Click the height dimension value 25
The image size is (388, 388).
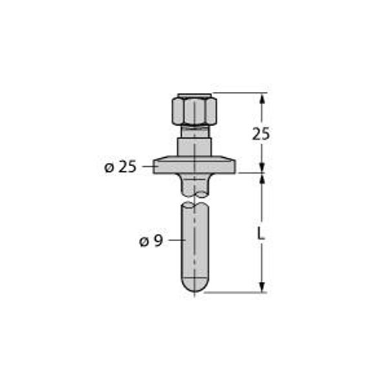coord(261,134)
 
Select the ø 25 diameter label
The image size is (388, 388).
coord(120,167)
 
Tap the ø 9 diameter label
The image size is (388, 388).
coord(150,241)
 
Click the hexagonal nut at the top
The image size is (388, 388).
coord(194,111)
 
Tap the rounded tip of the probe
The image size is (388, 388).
coord(195,285)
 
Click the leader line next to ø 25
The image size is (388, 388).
coord(148,167)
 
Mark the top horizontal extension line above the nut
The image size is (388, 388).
coord(239,92)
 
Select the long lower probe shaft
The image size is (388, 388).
coord(195,246)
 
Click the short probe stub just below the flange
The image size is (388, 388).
coord(195,186)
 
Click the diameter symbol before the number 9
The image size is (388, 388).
coord(144,241)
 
